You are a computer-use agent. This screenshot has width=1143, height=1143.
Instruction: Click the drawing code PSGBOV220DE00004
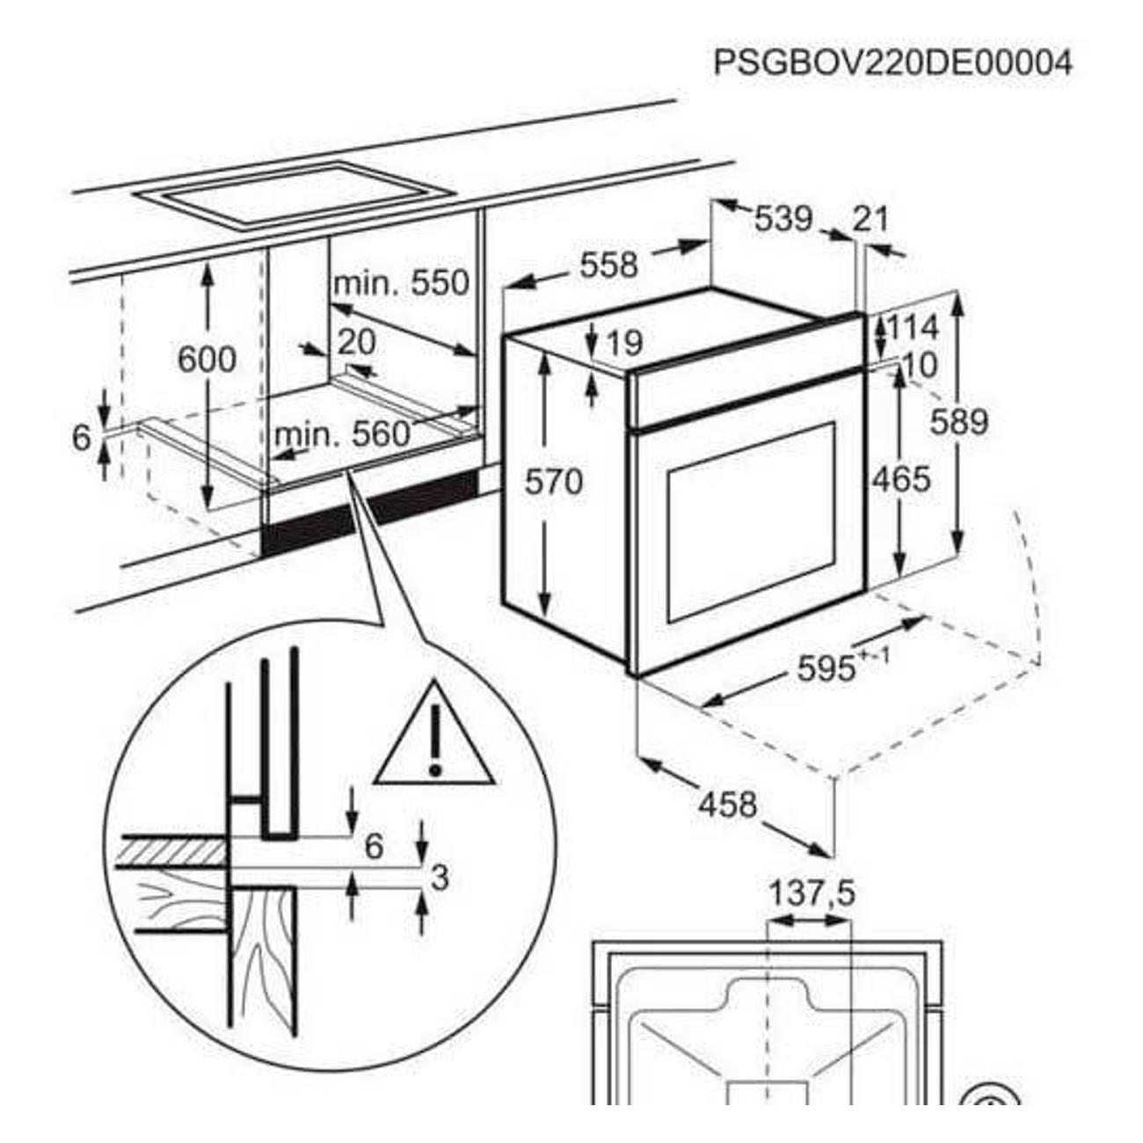pos(892,63)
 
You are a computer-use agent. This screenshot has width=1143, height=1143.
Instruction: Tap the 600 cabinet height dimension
pos(207,360)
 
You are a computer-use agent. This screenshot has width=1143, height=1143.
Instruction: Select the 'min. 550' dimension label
pos(402,283)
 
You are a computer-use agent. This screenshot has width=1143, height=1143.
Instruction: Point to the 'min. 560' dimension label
pos(343,433)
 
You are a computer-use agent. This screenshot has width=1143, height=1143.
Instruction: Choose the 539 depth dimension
pos(783,219)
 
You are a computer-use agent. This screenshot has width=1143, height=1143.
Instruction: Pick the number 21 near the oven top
pos(871,219)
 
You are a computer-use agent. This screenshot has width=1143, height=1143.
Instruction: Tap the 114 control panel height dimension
pos(912,328)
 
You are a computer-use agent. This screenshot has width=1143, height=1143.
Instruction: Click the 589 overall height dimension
pos(960,422)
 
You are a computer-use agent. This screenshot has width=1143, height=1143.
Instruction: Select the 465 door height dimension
pos(901,479)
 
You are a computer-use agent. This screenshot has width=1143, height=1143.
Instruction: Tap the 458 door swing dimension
pos(727,803)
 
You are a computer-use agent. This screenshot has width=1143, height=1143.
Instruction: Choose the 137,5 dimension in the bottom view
pos(812,894)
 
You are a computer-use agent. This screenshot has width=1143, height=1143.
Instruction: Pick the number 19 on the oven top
pos(624,344)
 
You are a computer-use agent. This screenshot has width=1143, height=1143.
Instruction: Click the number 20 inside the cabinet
pos(356,341)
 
